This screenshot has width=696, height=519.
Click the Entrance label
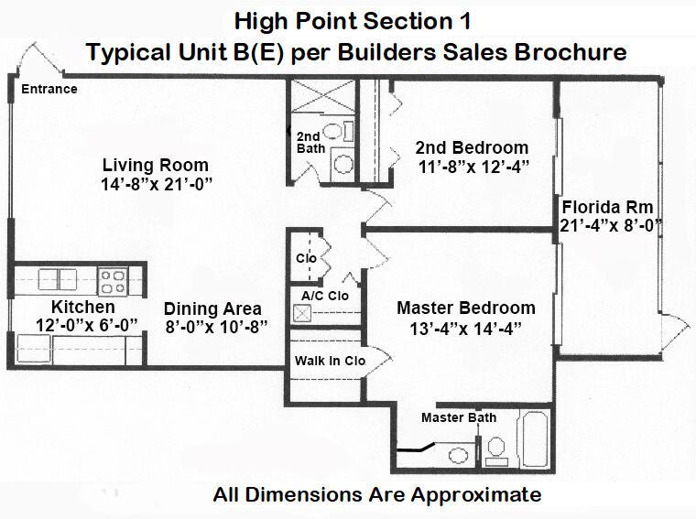point(49,89)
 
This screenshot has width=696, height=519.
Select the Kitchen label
point(83,307)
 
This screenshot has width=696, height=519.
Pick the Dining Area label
point(212,308)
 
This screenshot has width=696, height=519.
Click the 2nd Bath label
point(309,142)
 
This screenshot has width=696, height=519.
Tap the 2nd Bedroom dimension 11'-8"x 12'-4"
point(472,166)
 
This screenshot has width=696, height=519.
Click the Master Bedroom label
point(466,308)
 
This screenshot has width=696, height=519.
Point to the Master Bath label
point(459,417)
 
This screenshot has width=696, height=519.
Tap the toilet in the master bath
point(495,448)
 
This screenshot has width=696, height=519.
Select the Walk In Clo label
point(330,361)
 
